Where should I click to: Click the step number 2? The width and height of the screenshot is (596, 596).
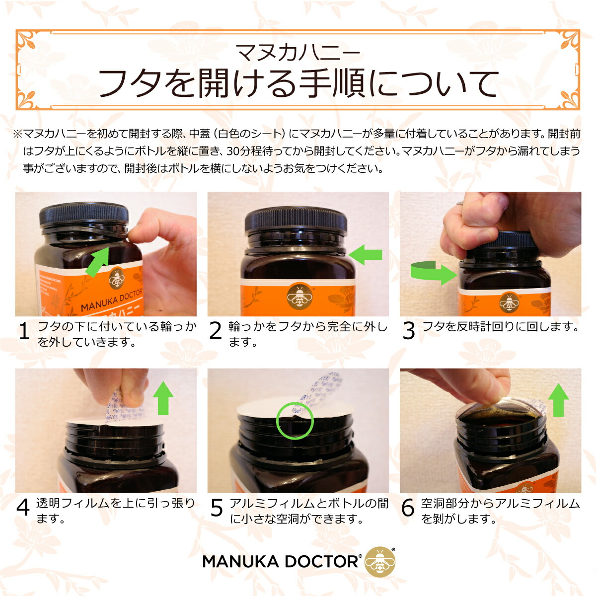(216, 332)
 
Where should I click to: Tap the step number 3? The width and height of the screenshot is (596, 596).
(408, 331)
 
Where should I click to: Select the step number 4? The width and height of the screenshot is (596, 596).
(24, 508)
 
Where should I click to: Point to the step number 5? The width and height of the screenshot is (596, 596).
(217, 508)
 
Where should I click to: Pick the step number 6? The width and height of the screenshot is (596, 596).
(408, 508)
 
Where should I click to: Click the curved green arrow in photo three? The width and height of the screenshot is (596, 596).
(432, 273)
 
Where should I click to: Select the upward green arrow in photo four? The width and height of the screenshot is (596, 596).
(163, 397)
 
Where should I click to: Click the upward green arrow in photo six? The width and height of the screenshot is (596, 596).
(558, 400)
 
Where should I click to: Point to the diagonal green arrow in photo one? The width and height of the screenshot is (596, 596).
(98, 262)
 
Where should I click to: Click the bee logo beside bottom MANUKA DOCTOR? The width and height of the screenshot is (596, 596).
(379, 562)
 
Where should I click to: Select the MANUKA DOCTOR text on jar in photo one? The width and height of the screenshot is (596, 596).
(112, 300)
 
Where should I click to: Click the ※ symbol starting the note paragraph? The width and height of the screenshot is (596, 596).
(17, 134)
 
